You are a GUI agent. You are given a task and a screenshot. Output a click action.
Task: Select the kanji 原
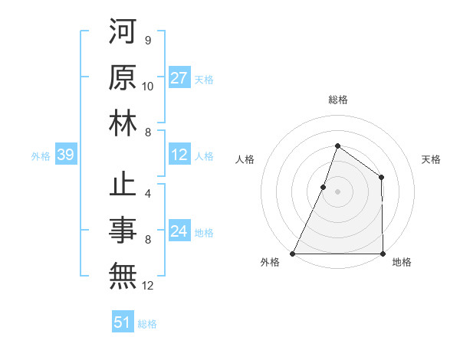click(123, 78)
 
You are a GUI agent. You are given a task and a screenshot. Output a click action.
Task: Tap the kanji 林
click(123, 123)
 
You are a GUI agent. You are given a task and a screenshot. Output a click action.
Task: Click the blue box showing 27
click(179, 78)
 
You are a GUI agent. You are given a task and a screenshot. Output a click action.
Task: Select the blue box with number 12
click(179, 155)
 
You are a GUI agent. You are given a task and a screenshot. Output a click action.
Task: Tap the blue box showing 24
click(179, 231)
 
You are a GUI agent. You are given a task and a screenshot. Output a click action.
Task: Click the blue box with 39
click(65, 155)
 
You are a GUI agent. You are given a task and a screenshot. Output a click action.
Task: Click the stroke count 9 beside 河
click(147, 40)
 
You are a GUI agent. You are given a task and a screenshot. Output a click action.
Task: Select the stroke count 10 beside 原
click(148, 86)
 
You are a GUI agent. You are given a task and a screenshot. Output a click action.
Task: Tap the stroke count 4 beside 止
click(148, 193)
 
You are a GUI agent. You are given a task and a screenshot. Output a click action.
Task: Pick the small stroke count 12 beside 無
click(148, 285)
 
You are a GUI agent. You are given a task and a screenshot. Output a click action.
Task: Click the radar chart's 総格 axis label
click(337, 100)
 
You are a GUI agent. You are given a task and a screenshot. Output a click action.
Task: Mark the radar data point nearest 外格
click(293, 253)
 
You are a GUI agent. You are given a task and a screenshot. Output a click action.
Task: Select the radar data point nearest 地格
click(383, 253)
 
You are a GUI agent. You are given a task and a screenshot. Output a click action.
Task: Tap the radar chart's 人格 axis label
click(245, 159)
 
